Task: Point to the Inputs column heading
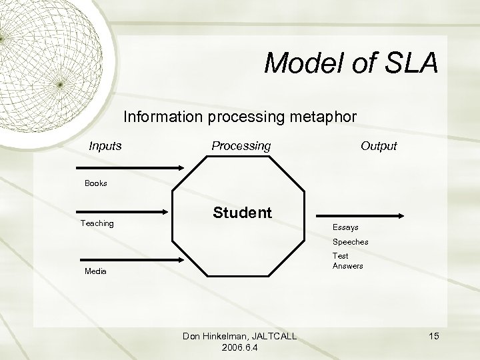pos(106,145)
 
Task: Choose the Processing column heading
pos(241,145)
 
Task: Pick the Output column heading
pos(378,145)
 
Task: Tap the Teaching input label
pos(97,223)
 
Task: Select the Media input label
pos(96,272)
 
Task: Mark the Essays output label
pos(345,228)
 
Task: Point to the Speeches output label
pos(350,242)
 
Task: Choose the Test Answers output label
pos(347,261)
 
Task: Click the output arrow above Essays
pos(363,215)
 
